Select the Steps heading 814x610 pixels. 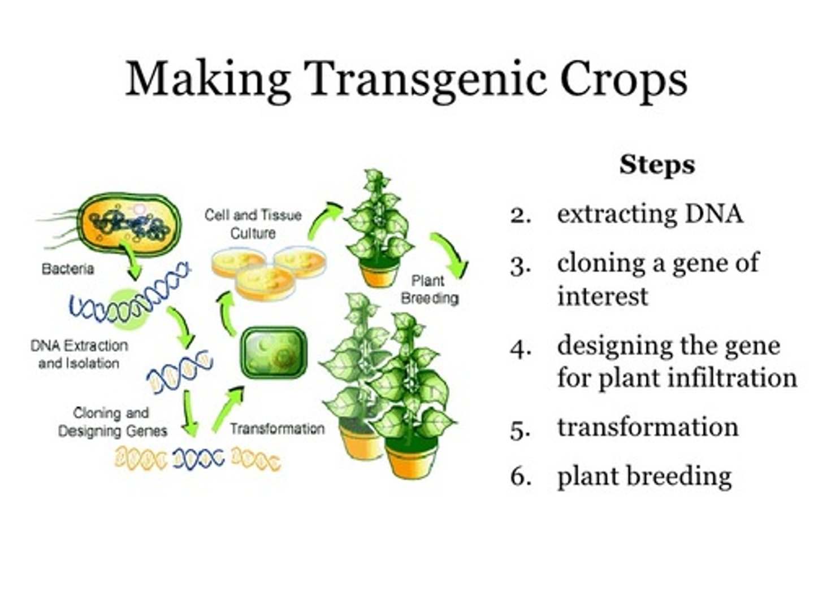coord(657,165)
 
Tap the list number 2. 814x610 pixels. coord(520,215)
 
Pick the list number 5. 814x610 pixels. coord(520,429)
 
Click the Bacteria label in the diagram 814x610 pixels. coord(68,269)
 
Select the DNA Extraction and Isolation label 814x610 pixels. coord(79,354)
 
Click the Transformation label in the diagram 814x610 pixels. coord(277,429)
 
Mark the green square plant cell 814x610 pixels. coord(274,353)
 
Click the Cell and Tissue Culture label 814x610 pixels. coord(253,224)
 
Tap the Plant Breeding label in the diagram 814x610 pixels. coord(429,289)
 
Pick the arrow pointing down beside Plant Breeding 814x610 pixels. coord(453,254)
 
